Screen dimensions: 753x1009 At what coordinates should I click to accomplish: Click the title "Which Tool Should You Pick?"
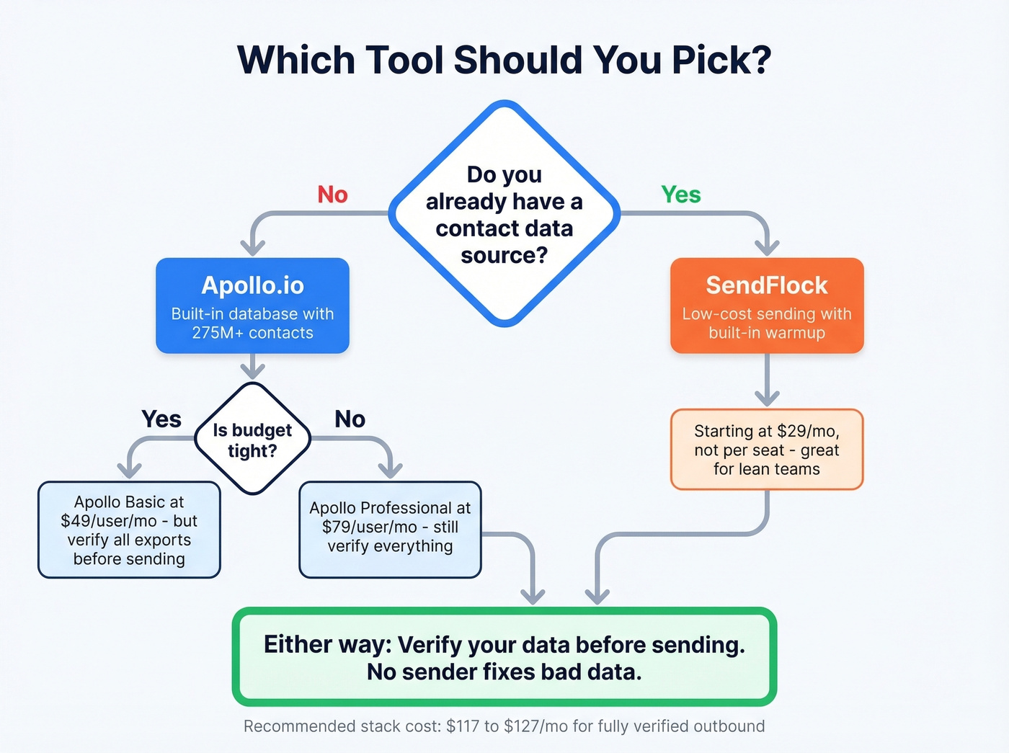(504, 61)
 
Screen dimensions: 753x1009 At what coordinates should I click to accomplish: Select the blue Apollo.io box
(252, 306)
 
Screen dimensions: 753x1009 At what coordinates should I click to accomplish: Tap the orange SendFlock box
(767, 306)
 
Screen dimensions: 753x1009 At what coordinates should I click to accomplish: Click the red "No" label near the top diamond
(332, 195)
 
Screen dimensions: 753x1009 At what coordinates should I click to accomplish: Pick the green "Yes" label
(680, 195)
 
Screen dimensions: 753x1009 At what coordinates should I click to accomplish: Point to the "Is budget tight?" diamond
(252, 440)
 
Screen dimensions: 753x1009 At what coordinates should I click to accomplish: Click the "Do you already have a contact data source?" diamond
(504, 214)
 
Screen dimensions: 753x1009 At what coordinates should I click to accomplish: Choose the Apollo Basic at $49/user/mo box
(129, 530)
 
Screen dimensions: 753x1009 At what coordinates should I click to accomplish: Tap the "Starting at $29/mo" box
(767, 450)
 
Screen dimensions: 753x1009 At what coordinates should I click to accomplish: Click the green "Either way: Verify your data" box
(504, 657)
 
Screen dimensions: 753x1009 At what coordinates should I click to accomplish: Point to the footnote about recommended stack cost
(504, 726)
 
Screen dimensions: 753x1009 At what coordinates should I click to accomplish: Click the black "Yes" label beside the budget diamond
(161, 419)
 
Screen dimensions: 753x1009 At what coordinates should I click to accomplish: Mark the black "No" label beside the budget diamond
(350, 419)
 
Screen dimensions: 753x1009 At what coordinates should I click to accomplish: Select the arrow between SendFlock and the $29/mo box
(767, 382)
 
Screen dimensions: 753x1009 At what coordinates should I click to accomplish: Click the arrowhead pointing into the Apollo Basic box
(129, 470)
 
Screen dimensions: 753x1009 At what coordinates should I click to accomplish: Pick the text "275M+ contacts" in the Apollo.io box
(252, 333)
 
